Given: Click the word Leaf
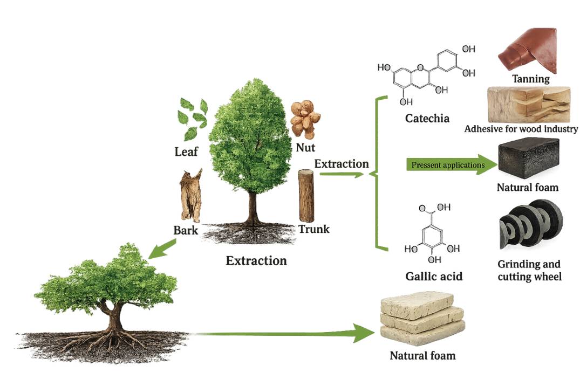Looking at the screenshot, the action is (x=186, y=151).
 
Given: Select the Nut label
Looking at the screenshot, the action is (x=305, y=148).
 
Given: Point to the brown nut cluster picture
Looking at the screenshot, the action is (x=305, y=119).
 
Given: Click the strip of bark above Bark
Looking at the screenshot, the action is (x=191, y=195).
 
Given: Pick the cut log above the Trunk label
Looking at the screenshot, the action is (x=306, y=196).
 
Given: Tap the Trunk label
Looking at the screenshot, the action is (x=313, y=229).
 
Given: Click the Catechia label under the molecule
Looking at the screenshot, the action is (x=427, y=118).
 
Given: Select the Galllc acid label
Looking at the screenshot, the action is (x=434, y=276).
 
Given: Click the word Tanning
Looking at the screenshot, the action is (x=531, y=79).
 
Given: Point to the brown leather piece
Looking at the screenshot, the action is (x=528, y=50).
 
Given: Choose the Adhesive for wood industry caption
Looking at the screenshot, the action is (x=521, y=129).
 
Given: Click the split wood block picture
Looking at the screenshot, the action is (x=529, y=105).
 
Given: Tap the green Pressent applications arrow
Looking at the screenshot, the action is (x=452, y=164).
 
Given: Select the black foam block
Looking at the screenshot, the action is (x=529, y=158).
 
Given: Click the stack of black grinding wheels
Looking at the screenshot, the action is (x=531, y=224).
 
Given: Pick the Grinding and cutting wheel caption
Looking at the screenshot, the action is (x=529, y=270).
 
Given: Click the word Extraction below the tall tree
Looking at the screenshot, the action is (x=256, y=261).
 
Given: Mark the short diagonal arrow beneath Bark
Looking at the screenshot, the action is (x=162, y=249).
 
